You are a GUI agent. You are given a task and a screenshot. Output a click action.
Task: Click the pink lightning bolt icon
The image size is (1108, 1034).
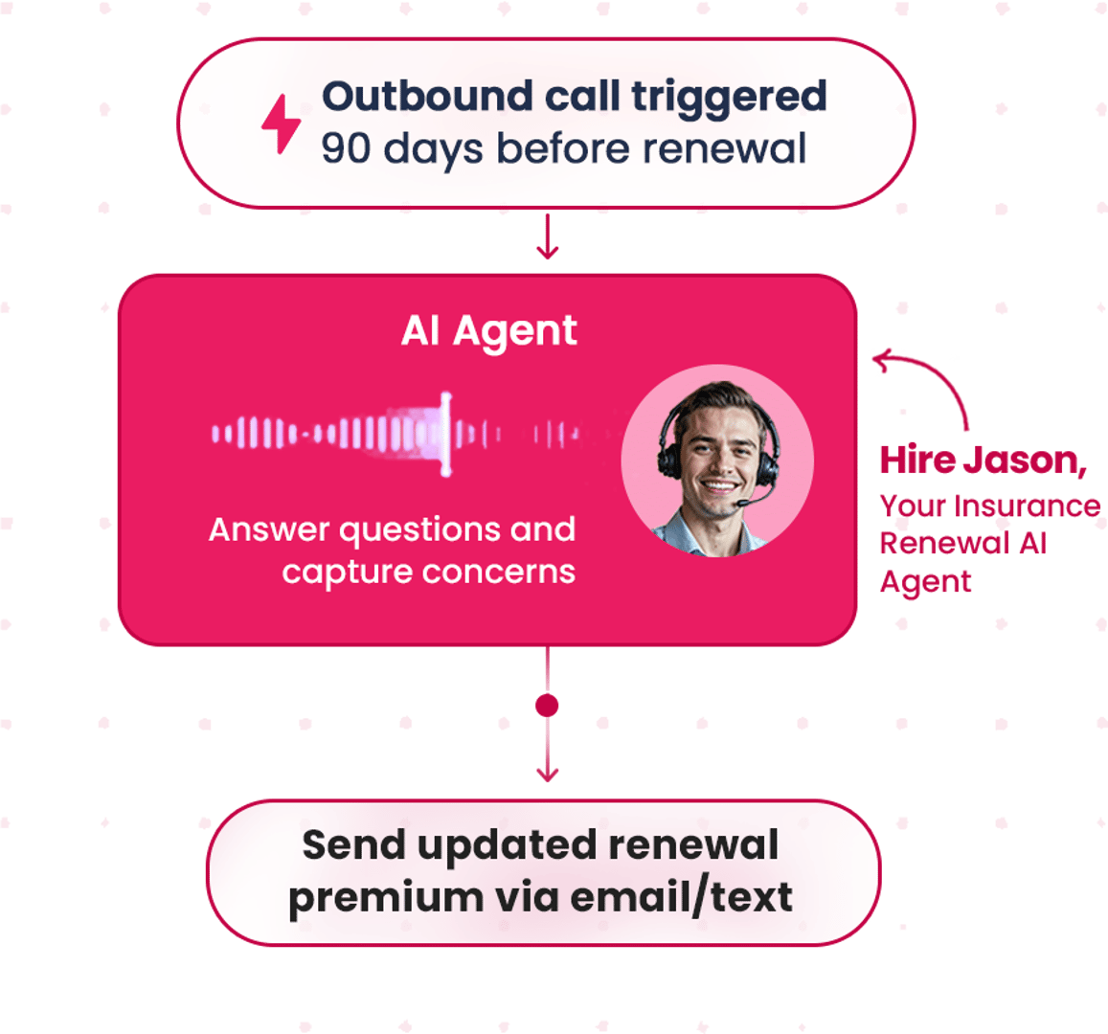pyautogui.click(x=282, y=124)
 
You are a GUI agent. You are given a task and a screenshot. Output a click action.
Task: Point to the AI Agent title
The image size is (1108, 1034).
pyautogui.click(x=488, y=331)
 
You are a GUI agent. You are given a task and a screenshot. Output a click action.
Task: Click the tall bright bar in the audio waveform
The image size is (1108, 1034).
pyautogui.click(x=445, y=435)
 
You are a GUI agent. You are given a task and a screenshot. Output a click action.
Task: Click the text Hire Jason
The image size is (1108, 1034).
pyautogui.click(x=983, y=461)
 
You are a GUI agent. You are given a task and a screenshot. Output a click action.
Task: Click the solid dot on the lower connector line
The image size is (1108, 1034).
pyautogui.click(x=547, y=707)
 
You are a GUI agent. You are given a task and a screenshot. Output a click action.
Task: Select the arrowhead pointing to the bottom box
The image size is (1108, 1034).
pyautogui.click(x=547, y=773)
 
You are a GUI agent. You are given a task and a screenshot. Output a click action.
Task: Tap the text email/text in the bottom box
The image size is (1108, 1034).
pyautogui.click(x=681, y=898)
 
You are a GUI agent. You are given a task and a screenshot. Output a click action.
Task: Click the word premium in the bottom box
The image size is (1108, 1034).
pyautogui.click(x=386, y=898)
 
